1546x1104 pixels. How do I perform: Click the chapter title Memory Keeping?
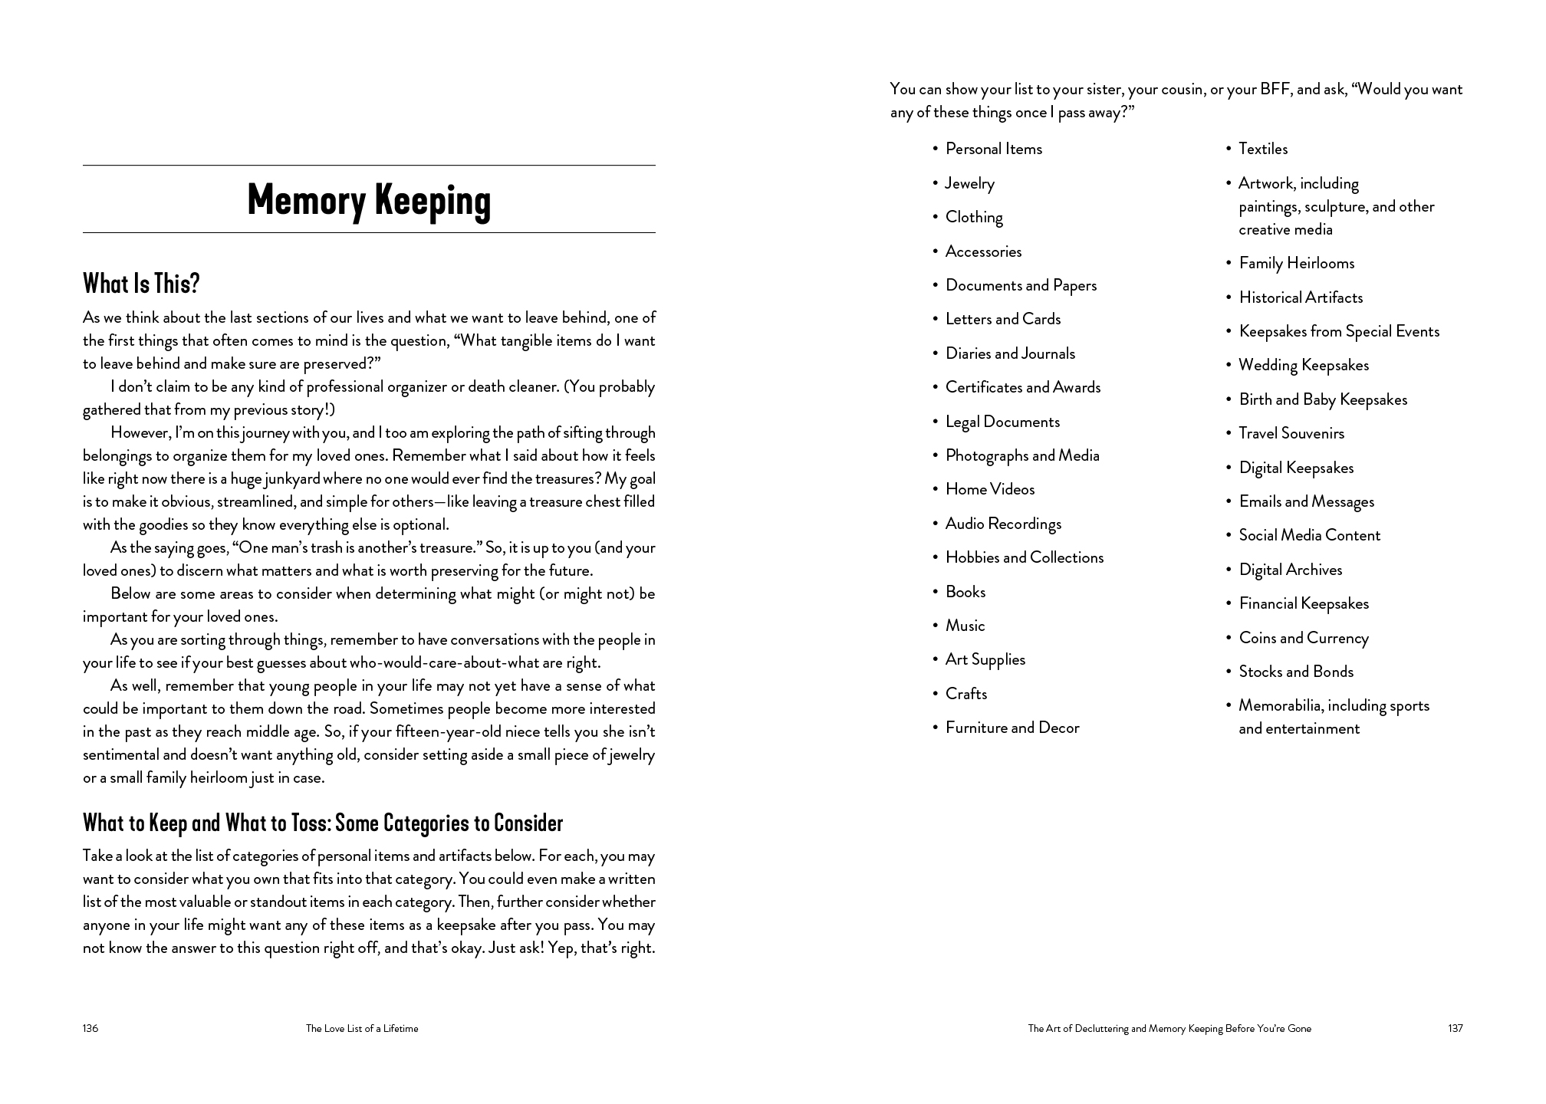369,200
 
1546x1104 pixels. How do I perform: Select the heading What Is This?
141,284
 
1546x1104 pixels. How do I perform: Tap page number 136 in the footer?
90,1028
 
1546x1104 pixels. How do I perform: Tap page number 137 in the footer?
1455,1028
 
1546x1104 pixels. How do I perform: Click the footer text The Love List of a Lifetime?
362,1028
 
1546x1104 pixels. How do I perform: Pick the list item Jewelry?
969,183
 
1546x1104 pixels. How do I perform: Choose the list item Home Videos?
990,489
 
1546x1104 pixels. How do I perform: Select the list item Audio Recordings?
1003,524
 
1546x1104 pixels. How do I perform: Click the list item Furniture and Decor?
1012,728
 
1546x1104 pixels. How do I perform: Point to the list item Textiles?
1263,149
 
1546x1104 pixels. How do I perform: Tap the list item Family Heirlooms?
1297,263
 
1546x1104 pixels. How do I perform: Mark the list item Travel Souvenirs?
1291,433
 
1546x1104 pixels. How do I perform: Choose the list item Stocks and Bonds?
1296,672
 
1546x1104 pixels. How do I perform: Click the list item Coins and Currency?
1304,638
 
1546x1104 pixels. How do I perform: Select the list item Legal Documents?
1002,422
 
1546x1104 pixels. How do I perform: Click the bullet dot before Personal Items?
936,149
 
